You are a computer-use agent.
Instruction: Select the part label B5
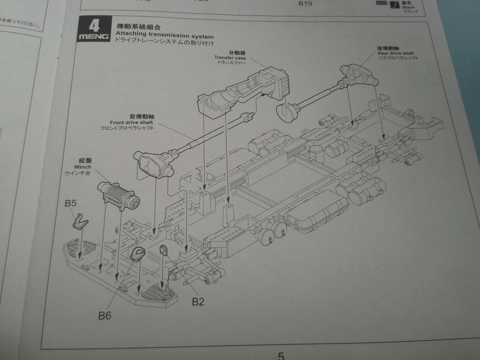pyautogui.click(x=71, y=203)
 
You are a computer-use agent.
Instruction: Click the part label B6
pyautogui.click(x=105, y=315)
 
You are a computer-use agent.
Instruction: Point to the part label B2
pyautogui.click(x=198, y=301)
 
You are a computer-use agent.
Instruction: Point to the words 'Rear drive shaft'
pyautogui.click(x=396, y=53)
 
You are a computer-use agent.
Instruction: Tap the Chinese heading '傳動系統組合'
pyautogui.click(x=135, y=27)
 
